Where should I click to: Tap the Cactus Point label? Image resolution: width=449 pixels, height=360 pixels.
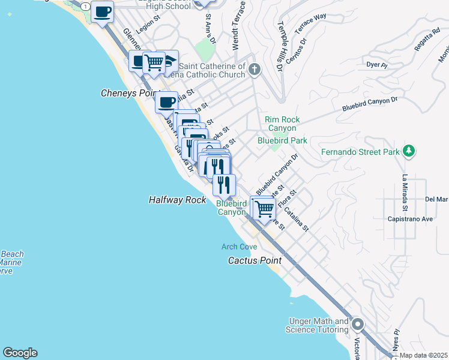(255, 260)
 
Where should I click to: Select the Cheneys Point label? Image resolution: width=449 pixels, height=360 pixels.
(128, 94)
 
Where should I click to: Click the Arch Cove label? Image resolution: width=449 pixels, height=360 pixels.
(239, 247)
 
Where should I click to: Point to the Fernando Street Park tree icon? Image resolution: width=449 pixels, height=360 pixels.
(409, 151)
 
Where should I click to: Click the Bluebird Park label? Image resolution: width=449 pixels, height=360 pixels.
(282, 140)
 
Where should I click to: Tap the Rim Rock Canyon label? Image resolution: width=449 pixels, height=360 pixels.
(281, 124)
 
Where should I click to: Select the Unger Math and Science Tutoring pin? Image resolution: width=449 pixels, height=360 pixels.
(358, 325)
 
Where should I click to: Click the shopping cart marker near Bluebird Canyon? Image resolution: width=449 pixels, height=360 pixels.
(264, 209)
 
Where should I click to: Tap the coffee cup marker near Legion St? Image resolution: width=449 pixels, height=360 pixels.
(103, 11)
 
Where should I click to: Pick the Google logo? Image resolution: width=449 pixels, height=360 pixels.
(20, 353)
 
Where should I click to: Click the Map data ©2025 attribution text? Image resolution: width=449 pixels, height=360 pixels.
(423, 355)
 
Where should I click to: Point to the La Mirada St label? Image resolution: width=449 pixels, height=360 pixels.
(405, 188)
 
